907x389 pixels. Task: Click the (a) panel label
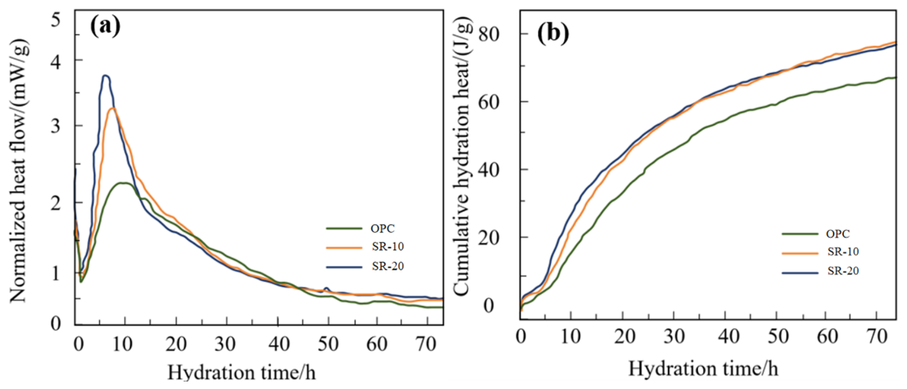tap(106, 25)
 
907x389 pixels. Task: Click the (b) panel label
tap(553, 33)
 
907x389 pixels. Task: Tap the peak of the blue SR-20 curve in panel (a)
tap(106, 76)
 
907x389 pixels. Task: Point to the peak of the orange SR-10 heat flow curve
tap(112, 108)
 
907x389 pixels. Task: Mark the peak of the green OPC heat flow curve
tap(123, 183)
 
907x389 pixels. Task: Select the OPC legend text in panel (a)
tap(383, 228)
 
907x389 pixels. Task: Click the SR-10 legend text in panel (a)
tap(388, 247)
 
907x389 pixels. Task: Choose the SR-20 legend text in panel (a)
tap(388, 266)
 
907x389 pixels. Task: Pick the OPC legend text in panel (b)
tap(838, 234)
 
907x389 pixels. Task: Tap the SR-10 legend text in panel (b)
tap(843, 252)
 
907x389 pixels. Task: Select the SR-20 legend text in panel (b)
tap(843, 271)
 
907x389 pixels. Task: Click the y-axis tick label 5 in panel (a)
tap(56, 20)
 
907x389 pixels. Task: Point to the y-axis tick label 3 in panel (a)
tap(56, 126)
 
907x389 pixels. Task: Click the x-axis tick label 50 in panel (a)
tap(328, 344)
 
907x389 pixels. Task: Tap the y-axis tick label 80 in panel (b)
tap(489, 34)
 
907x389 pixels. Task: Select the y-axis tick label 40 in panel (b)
tap(489, 170)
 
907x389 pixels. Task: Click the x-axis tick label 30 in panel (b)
tap(674, 336)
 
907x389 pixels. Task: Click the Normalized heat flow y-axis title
tap(18, 171)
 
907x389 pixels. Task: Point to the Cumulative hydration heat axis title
tap(461, 156)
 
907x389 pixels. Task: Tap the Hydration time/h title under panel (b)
tap(703, 368)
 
